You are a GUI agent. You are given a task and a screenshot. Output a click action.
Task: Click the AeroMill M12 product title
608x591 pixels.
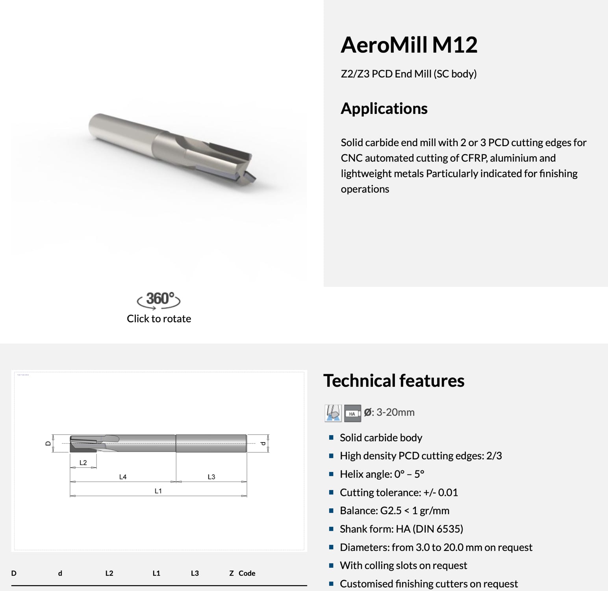(409, 45)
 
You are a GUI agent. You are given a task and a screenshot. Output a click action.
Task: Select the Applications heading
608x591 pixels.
(384, 108)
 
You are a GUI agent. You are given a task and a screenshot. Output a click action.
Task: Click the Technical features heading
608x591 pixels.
(393, 381)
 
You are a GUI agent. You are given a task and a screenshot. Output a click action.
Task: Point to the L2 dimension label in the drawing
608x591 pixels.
(83, 463)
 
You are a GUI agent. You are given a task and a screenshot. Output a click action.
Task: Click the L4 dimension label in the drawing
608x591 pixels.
(123, 477)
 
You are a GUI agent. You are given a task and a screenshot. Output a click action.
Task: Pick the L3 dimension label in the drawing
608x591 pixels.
(211, 477)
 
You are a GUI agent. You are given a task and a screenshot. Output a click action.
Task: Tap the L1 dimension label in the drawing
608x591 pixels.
(158, 491)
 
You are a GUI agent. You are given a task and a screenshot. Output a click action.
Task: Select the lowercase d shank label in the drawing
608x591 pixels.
(263, 443)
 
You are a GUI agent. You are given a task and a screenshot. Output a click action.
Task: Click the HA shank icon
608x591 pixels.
(352, 413)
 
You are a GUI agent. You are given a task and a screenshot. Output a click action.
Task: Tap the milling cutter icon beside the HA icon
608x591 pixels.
(333, 413)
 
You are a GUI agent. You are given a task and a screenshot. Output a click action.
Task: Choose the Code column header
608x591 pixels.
(247, 573)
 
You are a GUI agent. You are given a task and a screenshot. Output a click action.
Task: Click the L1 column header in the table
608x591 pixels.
(156, 573)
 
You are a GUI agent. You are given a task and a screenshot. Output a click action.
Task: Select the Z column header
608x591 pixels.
(232, 573)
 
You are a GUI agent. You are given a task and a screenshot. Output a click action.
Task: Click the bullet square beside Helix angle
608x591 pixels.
(331, 474)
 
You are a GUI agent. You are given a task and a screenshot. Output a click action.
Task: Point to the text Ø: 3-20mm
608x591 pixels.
(389, 413)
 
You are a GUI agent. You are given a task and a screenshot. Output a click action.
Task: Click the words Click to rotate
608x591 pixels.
(159, 319)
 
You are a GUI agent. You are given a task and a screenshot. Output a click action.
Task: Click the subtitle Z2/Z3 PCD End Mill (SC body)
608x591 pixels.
(408, 74)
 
